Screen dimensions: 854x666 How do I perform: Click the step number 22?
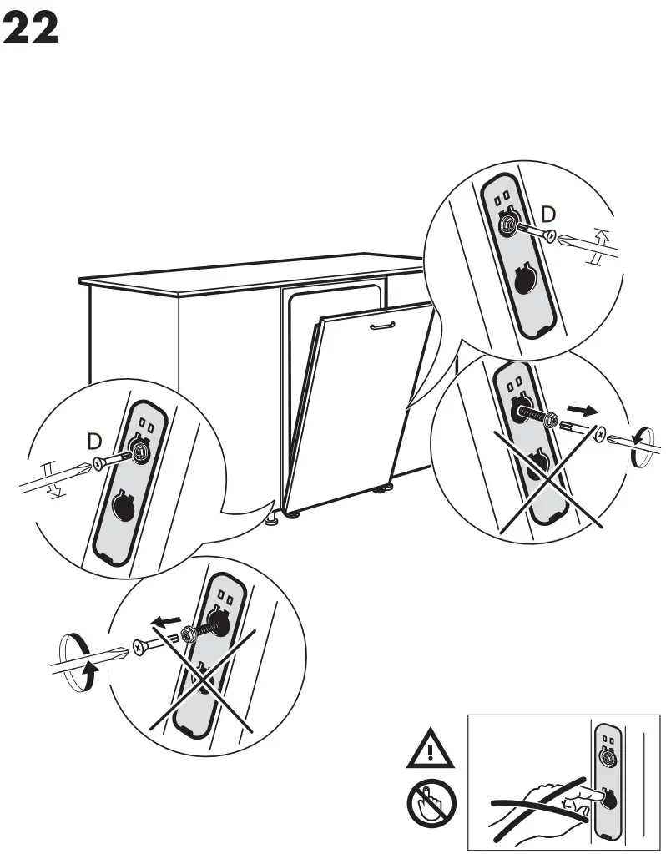[x=32, y=29]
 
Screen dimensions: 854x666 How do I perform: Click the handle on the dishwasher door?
[x=382, y=325]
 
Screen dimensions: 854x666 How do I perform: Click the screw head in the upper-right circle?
[x=548, y=236]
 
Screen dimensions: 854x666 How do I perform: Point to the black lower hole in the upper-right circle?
[x=522, y=283]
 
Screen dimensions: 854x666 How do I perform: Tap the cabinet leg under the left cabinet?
[x=272, y=521]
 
